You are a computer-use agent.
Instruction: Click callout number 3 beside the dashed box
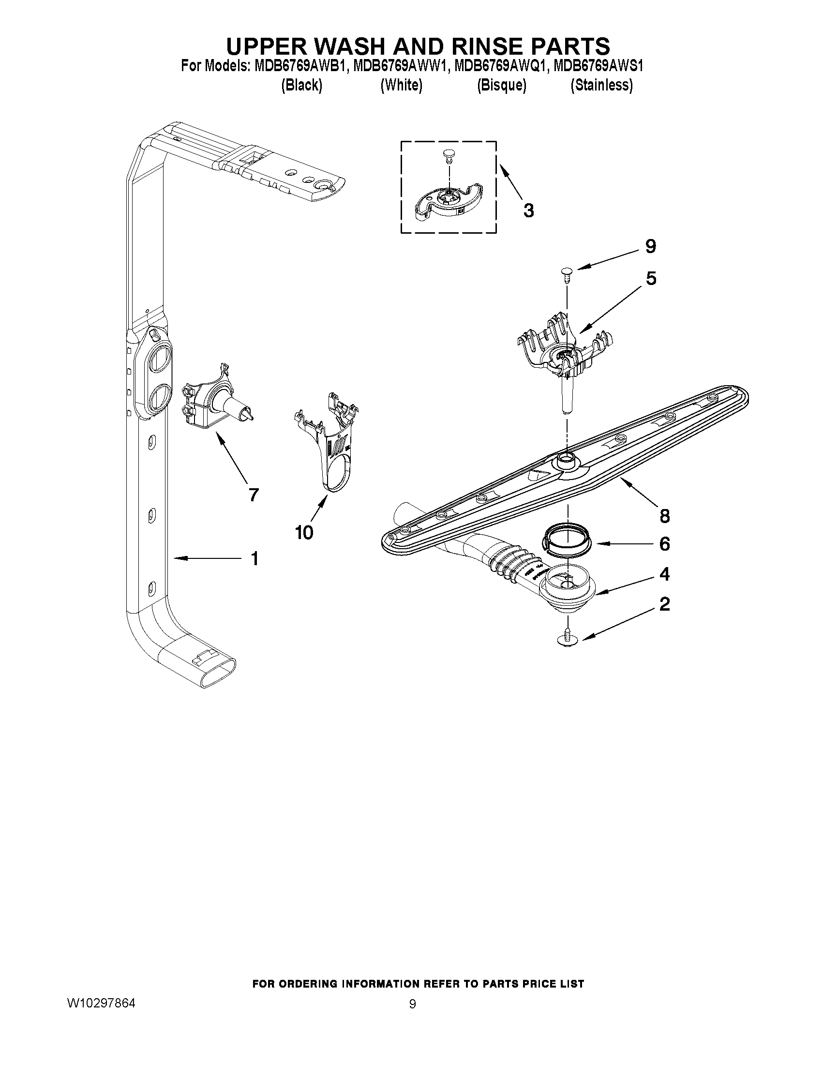click(528, 210)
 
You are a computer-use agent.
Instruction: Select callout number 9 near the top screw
click(650, 247)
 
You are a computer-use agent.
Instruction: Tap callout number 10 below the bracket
click(304, 533)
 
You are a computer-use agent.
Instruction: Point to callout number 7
click(253, 495)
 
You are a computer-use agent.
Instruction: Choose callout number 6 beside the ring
click(664, 544)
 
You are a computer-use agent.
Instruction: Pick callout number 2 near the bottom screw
click(664, 605)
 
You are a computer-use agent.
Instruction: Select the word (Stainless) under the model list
click(602, 85)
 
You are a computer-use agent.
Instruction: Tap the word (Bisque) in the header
click(502, 85)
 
